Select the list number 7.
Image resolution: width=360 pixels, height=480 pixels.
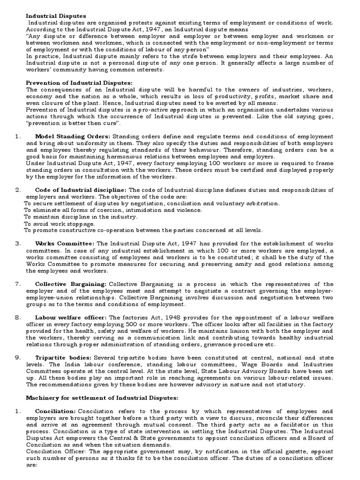[x=17, y=284]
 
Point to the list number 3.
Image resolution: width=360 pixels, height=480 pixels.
[x=17, y=244]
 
